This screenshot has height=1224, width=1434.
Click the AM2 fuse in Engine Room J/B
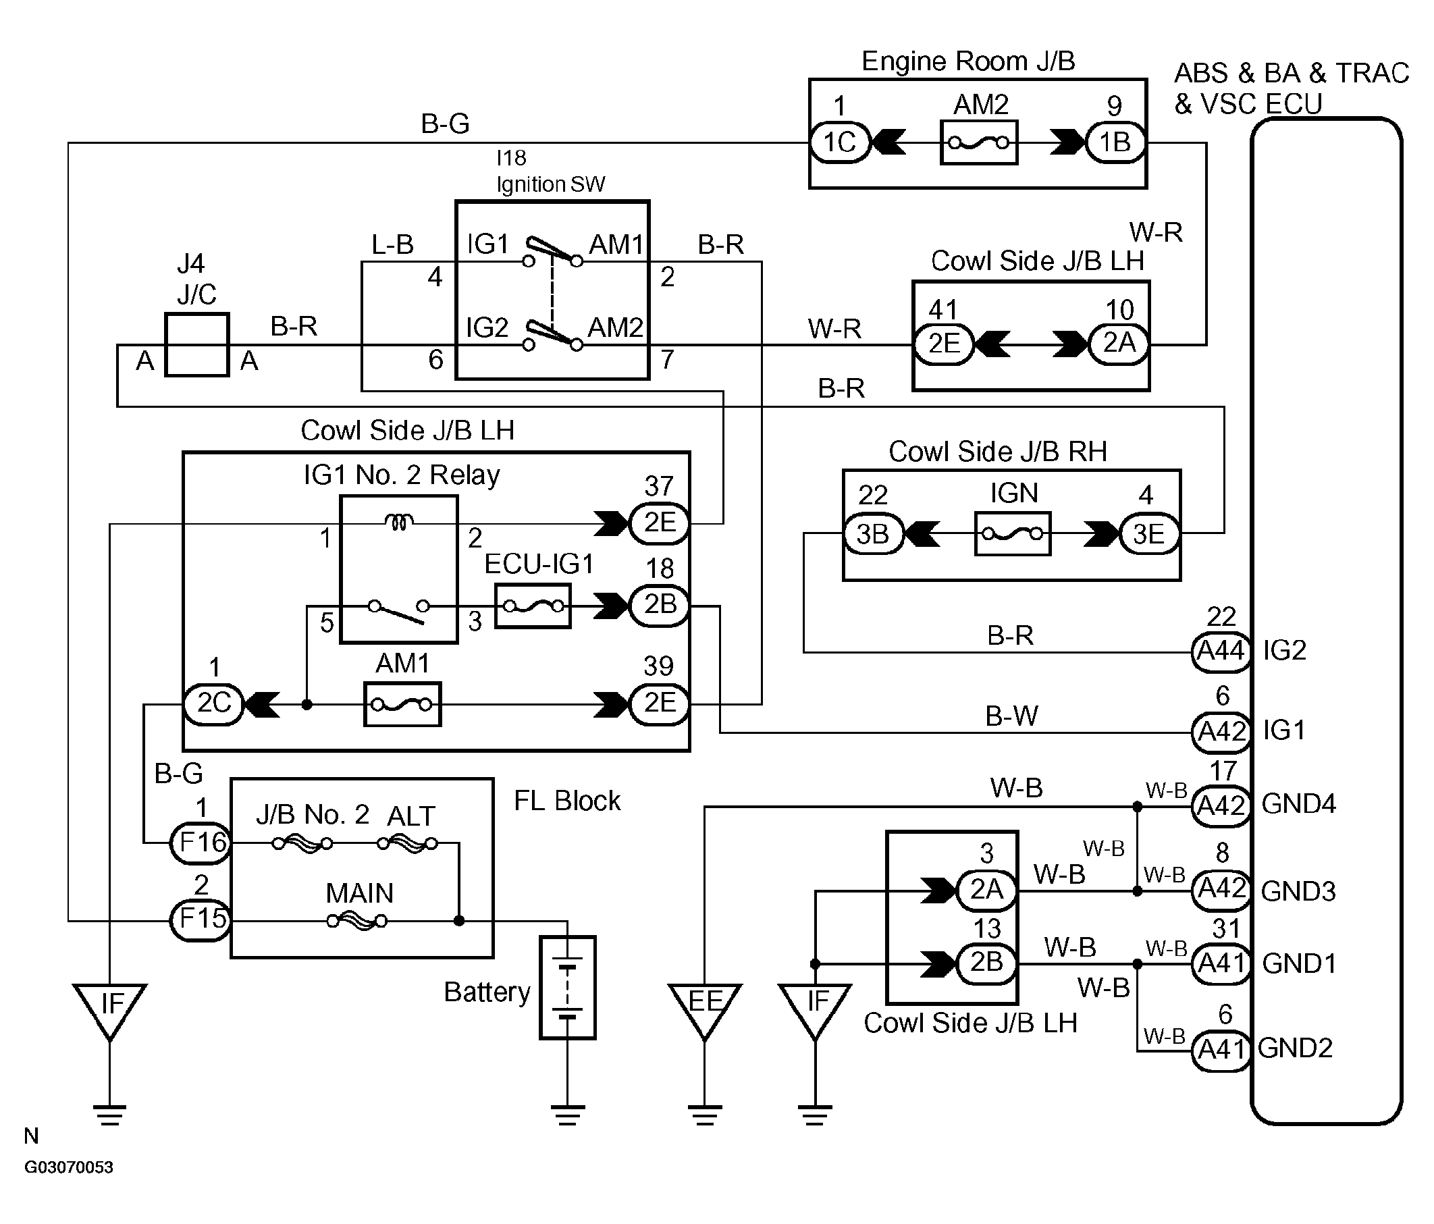pyautogui.click(x=978, y=143)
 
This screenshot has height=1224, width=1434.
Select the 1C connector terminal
pyautogui.click(x=839, y=142)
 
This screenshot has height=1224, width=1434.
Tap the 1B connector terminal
pyautogui.click(x=1115, y=142)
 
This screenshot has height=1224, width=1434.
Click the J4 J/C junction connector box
pyautogui.click(x=196, y=344)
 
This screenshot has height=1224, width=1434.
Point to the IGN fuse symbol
pyautogui.click(x=1013, y=533)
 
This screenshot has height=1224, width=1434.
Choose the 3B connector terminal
pyautogui.click(x=874, y=533)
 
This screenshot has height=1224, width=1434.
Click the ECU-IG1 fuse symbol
pyautogui.click(x=533, y=606)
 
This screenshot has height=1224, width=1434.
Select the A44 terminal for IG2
pyautogui.click(x=1221, y=651)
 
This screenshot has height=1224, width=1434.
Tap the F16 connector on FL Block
pyautogui.click(x=201, y=843)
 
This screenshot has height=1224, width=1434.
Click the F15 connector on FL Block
pyautogui.click(x=201, y=920)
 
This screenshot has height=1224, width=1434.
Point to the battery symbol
pyautogui.click(x=568, y=987)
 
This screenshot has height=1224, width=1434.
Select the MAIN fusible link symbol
pyautogui.click(x=357, y=921)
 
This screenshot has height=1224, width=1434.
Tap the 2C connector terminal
pyautogui.click(x=213, y=704)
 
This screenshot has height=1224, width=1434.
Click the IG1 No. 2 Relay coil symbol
pyautogui.click(x=399, y=522)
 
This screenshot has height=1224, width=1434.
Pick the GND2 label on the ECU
pyautogui.click(x=1295, y=1048)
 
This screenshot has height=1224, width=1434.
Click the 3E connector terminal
pyautogui.click(x=1149, y=533)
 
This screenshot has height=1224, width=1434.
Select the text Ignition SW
pyautogui.click(x=551, y=184)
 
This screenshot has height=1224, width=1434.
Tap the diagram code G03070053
pyautogui.click(x=68, y=1167)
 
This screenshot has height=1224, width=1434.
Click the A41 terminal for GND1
pyautogui.click(x=1221, y=963)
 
